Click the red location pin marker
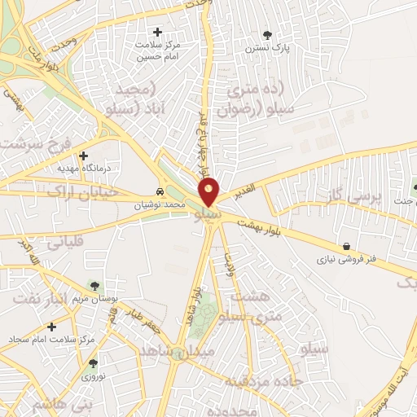pyautogui.click(x=209, y=192)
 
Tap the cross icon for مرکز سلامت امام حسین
pyautogui.click(x=158, y=33)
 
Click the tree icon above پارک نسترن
pyautogui.click(x=268, y=34)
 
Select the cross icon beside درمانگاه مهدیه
pyautogui.click(x=83, y=156)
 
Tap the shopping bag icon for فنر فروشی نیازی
pyautogui.click(x=348, y=246)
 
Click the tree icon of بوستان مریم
pyautogui.click(x=95, y=285)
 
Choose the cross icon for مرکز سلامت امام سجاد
pyautogui.click(x=51, y=326)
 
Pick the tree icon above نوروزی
pyautogui.click(x=93, y=363)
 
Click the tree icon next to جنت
pyautogui.click(x=414, y=188)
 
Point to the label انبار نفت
pyautogui.click(x=37, y=297)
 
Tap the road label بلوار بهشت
pyautogui.click(x=261, y=226)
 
